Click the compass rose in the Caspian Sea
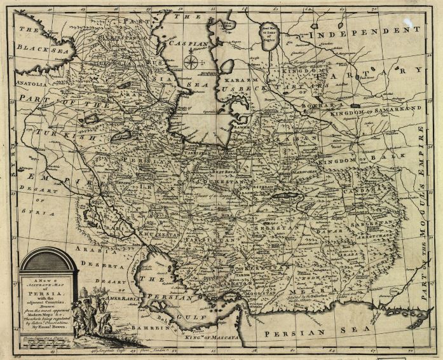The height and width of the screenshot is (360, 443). pyautogui.click(x=190, y=62)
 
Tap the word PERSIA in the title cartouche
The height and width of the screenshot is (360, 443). pyautogui.click(x=48, y=287)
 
